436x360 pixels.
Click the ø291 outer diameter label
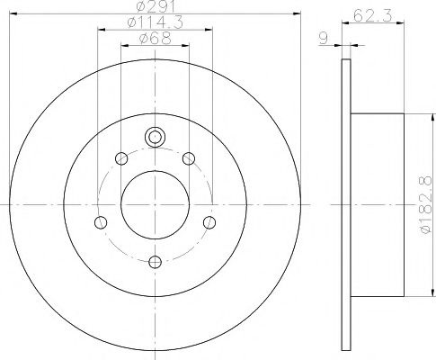[153, 7]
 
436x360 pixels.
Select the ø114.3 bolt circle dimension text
[154, 22]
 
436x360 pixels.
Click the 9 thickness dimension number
[322, 37]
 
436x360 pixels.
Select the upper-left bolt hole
[121, 159]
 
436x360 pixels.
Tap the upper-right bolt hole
[188, 159]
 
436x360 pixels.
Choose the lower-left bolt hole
[101, 222]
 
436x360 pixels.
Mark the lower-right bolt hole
[209, 222]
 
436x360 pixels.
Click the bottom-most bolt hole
[155, 262]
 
